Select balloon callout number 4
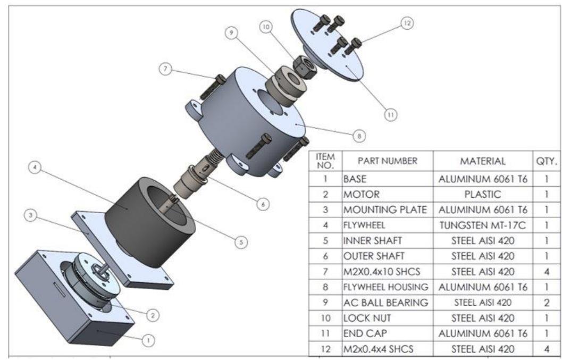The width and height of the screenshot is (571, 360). (33, 168)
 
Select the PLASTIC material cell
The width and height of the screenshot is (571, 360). (483, 195)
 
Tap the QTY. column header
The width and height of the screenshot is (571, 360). (547, 160)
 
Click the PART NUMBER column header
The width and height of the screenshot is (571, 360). (388, 160)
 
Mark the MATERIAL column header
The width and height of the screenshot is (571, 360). (483, 160)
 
